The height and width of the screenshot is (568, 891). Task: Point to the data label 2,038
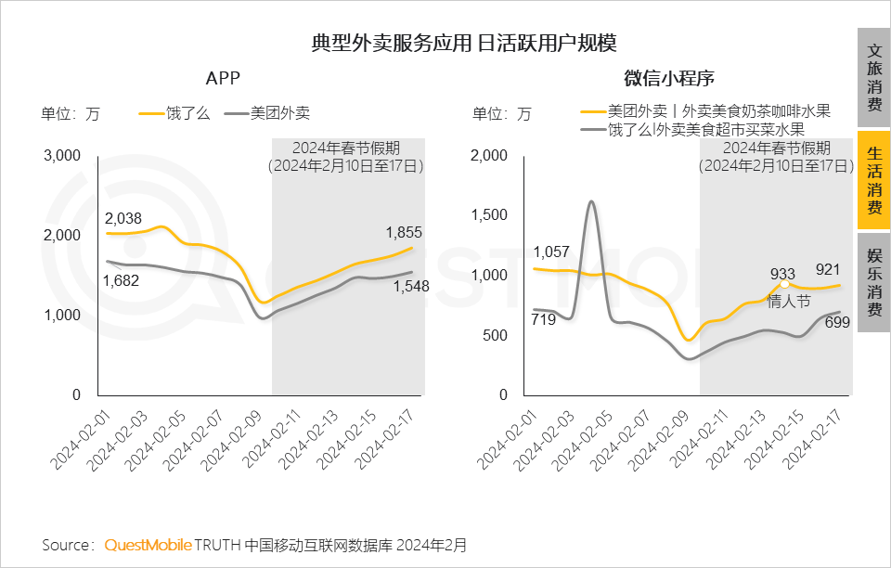[123, 219]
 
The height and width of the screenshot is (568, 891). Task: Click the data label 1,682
[121, 280]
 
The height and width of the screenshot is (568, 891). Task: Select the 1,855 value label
[404, 233]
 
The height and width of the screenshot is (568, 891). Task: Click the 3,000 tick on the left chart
[63, 155]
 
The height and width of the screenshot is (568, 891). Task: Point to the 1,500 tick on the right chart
[491, 215]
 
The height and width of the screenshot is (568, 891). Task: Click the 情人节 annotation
[789, 301]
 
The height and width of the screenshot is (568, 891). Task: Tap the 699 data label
[837, 323]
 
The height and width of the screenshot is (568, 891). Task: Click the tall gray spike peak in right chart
[591, 202]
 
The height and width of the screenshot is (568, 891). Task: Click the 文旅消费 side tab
[874, 78]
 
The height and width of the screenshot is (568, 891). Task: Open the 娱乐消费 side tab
[874, 283]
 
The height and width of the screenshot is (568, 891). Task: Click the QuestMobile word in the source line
[148, 544]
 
